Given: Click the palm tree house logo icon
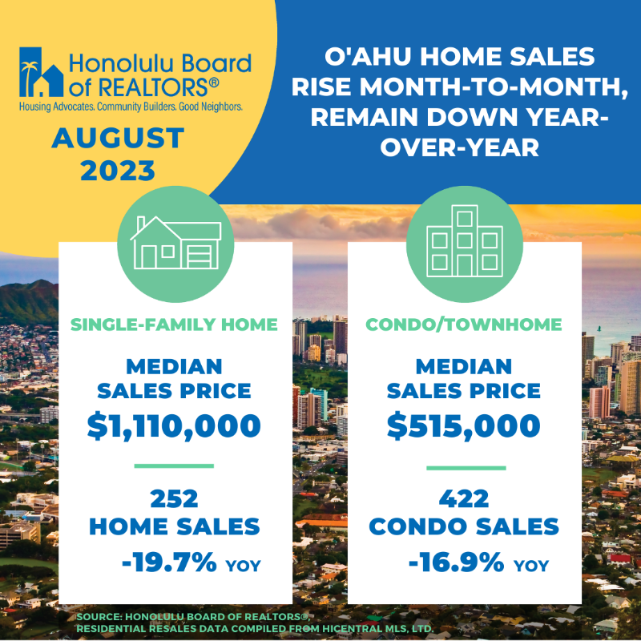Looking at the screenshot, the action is (x=42, y=72).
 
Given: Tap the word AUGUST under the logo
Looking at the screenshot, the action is (x=118, y=138).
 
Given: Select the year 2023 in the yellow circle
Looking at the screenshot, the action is (x=118, y=171).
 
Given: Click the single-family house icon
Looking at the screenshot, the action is (x=175, y=243).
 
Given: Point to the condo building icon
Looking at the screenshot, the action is (x=465, y=241).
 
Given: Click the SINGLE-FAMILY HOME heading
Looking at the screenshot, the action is (x=174, y=325).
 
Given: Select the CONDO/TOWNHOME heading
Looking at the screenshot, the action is (x=464, y=325).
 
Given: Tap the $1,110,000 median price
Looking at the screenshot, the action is (x=174, y=426).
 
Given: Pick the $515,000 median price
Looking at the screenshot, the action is (x=464, y=426).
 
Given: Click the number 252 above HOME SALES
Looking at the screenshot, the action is (x=174, y=498).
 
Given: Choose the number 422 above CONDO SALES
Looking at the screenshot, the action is (x=464, y=498).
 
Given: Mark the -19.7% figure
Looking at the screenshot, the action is (x=169, y=562).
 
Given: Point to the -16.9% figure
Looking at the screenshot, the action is (x=457, y=562).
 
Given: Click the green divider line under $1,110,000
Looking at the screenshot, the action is (x=174, y=466).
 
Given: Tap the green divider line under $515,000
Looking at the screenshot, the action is (x=466, y=468).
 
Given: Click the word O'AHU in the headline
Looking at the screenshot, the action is (x=368, y=56).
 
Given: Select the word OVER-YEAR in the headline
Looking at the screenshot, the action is (x=460, y=147).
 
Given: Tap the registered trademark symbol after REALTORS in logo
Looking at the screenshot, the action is (x=214, y=83).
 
